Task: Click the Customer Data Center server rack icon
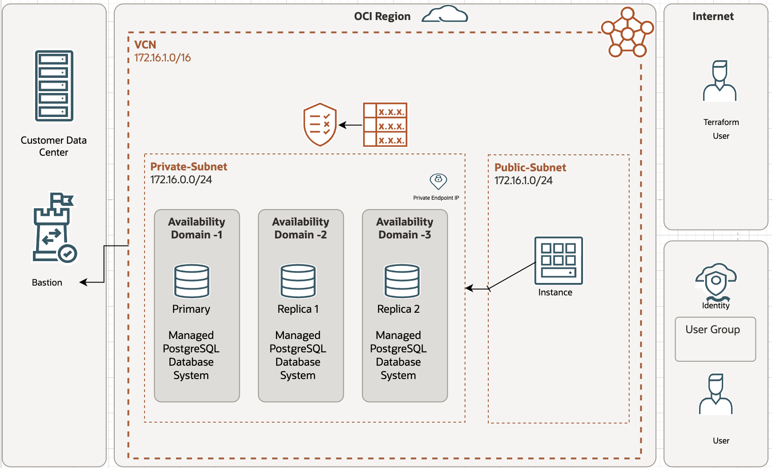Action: [x=54, y=85]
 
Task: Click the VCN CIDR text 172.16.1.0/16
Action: [x=162, y=58]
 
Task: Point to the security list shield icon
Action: [x=320, y=125]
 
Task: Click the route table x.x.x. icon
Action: [x=385, y=125]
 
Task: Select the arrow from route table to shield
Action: [x=350, y=125]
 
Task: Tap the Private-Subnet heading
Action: [x=189, y=167]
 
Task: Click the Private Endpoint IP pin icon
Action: [x=438, y=181]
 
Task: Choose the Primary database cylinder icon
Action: [x=192, y=281]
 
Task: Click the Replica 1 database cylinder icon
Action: [x=298, y=281]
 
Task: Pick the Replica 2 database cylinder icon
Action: [x=402, y=281]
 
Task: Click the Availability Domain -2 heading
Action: [x=301, y=228]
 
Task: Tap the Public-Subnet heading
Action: [x=530, y=168]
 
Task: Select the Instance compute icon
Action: [x=559, y=260]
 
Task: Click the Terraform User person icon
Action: [x=720, y=81]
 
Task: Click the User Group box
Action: [x=715, y=339]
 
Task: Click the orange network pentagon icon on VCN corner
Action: [x=627, y=33]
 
